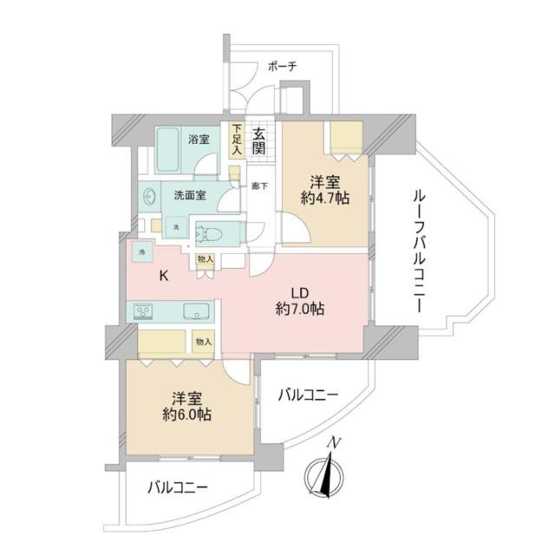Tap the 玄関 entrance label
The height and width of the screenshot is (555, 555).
(x=259, y=141)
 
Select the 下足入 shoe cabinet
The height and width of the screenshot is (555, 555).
(x=236, y=140)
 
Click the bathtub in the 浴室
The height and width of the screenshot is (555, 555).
(x=173, y=159)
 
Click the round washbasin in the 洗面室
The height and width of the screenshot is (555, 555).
(x=149, y=196)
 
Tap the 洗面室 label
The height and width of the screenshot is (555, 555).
(x=189, y=195)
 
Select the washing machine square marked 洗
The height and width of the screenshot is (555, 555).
(x=175, y=226)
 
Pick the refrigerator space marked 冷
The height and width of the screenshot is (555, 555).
(x=142, y=251)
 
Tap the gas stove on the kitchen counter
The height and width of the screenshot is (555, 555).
(x=143, y=310)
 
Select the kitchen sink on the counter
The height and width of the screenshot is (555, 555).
(x=193, y=310)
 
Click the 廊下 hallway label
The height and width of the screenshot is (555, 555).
(x=258, y=186)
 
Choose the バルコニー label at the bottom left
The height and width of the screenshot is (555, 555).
(x=177, y=487)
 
